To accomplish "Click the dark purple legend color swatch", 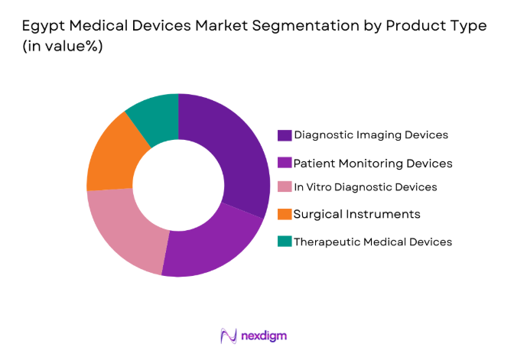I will pyautogui.click(x=285, y=135).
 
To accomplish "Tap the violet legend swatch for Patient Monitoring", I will pyautogui.click(x=285, y=163).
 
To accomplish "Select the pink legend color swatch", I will pyautogui.click(x=285, y=187).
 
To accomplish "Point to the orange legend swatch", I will pyautogui.click(x=285, y=214).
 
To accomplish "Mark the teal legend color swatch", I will pyautogui.click(x=285, y=242).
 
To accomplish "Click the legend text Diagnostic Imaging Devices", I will pyautogui.click(x=371, y=135).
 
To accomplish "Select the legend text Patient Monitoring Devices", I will pyautogui.click(x=373, y=163).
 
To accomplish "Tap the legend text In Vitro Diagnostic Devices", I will pyautogui.click(x=366, y=187).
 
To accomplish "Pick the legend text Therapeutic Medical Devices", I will pyautogui.click(x=373, y=242).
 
